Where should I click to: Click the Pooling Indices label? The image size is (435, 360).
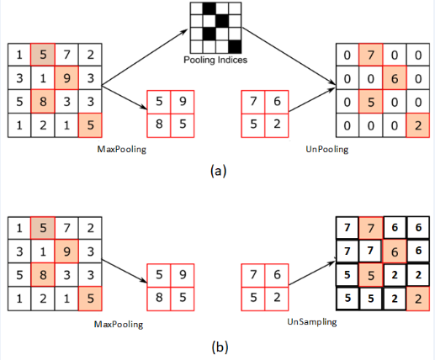[x=214, y=61]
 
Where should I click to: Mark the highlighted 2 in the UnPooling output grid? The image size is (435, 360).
[x=416, y=124]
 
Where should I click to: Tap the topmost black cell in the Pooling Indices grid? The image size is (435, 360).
[x=213, y=8]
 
